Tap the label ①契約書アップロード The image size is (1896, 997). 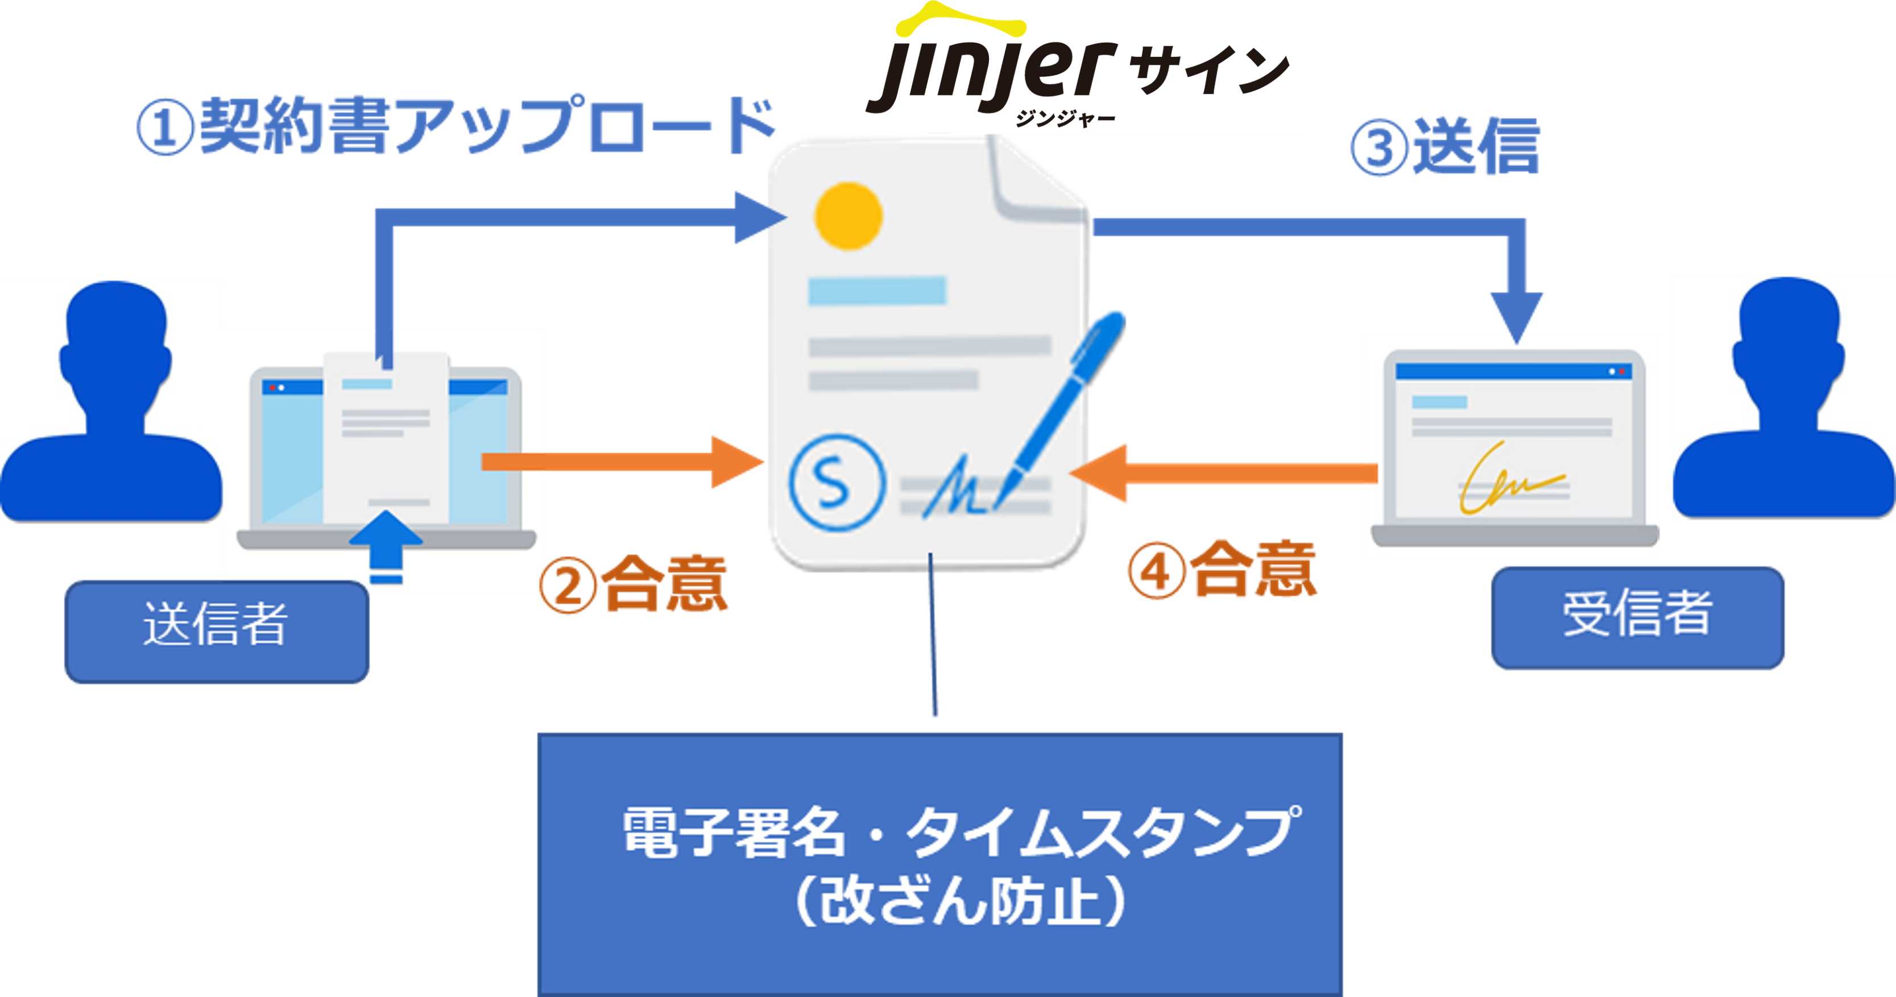(x=456, y=127)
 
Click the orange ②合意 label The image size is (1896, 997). (x=635, y=584)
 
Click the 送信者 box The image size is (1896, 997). (x=217, y=632)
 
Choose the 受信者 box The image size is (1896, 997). (x=1638, y=617)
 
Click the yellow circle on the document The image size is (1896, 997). (x=848, y=216)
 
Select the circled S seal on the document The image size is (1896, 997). (x=836, y=483)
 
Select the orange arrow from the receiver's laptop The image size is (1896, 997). (x=1222, y=473)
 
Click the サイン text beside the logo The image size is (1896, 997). (x=1207, y=70)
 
